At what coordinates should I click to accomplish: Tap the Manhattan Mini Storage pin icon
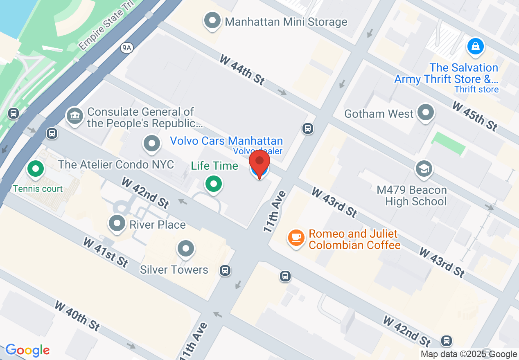[x=213, y=21]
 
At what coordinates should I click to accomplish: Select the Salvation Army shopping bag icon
[x=476, y=46]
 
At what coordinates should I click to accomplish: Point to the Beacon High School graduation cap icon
[x=424, y=169]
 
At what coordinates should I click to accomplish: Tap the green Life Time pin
[x=213, y=183]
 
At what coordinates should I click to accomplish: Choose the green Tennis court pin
[x=36, y=168]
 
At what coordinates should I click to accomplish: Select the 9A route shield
[x=127, y=48]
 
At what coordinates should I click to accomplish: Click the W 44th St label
[x=242, y=70]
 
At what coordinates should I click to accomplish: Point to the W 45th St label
[x=475, y=116]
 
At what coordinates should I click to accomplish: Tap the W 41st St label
[x=106, y=252]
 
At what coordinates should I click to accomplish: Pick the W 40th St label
[x=77, y=316]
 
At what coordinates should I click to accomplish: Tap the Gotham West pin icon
[x=426, y=112]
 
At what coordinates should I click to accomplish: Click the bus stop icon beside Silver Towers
[x=225, y=270]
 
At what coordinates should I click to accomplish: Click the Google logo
[x=27, y=350]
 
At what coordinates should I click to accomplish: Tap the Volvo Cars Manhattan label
[x=226, y=141]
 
